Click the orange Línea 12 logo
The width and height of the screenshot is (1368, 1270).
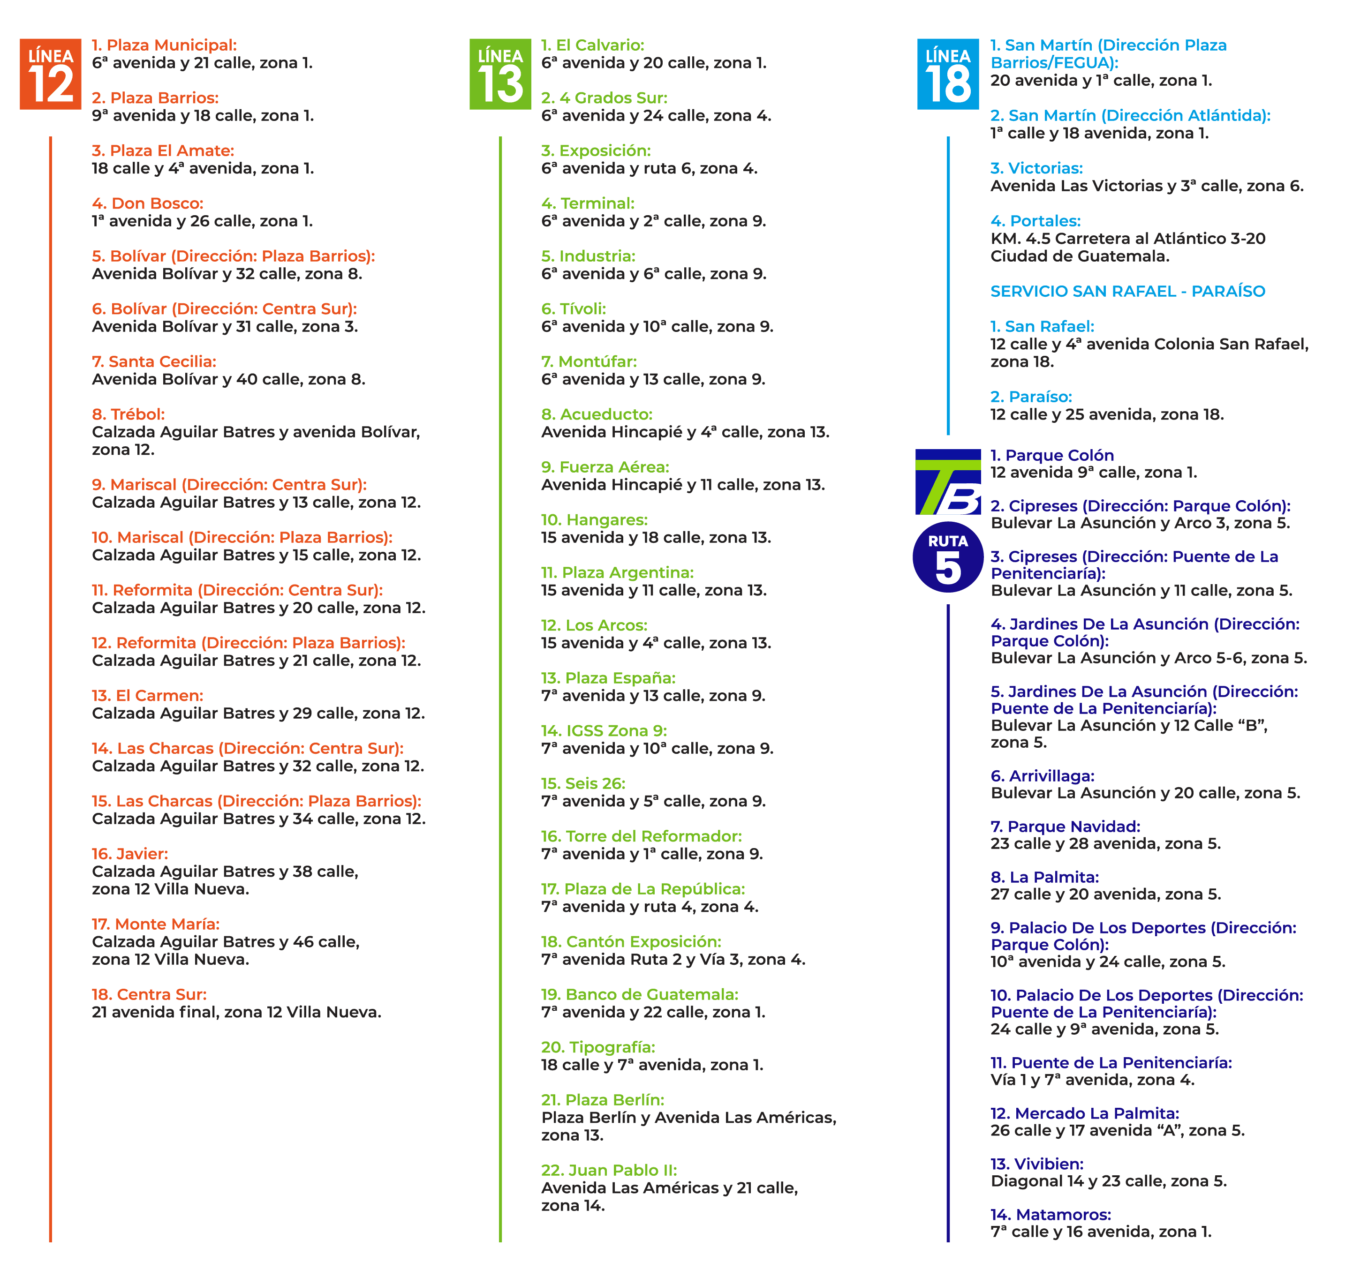(x=50, y=74)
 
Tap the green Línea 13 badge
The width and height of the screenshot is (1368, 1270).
(x=500, y=74)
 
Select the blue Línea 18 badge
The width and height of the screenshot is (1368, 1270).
(x=948, y=74)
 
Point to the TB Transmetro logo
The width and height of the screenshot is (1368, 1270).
(x=948, y=482)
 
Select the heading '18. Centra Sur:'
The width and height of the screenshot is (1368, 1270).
(x=149, y=994)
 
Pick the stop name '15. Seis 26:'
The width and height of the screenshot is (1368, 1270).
(x=583, y=783)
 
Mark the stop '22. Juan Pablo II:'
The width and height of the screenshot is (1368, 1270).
(x=609, y=1170)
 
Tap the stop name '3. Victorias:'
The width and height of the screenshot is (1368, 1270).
(x=1036, y=168)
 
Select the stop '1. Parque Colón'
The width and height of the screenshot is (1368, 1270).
(x=1052, y=455)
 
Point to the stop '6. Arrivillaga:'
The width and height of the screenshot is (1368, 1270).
(x=1042, y=776)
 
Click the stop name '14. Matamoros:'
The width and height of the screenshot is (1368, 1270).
(x=1051, y=1214)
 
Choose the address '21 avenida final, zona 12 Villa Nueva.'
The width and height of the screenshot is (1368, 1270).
(x=236, y=1012)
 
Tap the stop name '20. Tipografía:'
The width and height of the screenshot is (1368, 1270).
(x=598, y=1047)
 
